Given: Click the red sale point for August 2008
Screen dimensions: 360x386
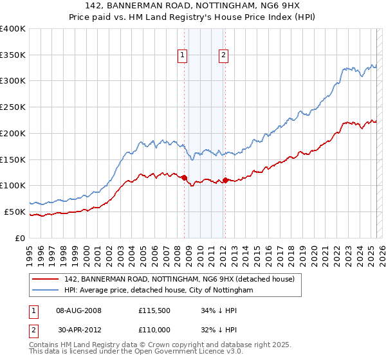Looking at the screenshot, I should [x=184, y=177].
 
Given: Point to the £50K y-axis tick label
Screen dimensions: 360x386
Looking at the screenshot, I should [x=15, y=212].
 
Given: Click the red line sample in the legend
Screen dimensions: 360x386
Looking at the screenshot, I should [x=46, y=279].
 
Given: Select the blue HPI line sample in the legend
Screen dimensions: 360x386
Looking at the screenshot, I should [x=46, y=290].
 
